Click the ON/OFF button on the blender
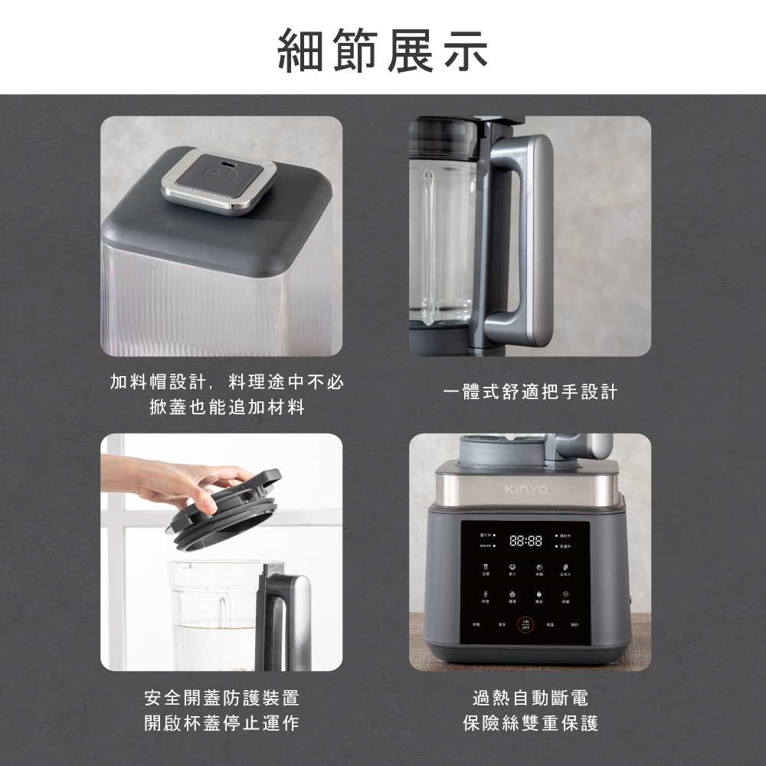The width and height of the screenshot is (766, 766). pyautogui.click(x=525, y=624)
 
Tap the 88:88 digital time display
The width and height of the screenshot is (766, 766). pyautogui.click(x=525, y=540)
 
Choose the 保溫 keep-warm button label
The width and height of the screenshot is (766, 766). pyautogui.click(x=549, y=625)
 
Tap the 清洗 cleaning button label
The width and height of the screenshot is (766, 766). pyautogui.click(x=501, y=625)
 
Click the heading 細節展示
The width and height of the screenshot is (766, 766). pyautogui.click(x=382, y=50)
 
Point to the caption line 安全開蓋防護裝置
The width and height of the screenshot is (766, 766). pyautogui.click(x=222, y=698)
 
